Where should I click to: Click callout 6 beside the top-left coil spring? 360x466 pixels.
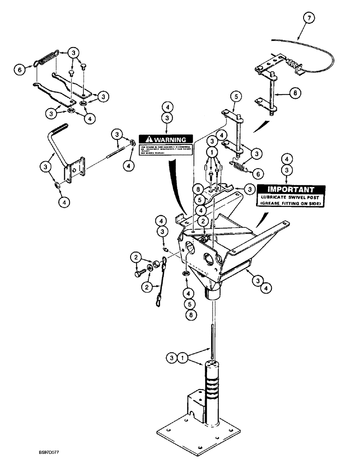click(x=19, y=69)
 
